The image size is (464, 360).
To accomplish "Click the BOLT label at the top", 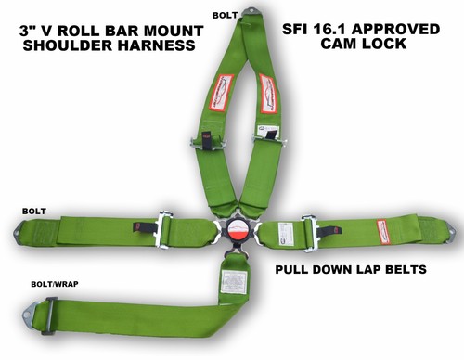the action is [225, 15].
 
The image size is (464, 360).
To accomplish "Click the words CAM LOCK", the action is [356, 45].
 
